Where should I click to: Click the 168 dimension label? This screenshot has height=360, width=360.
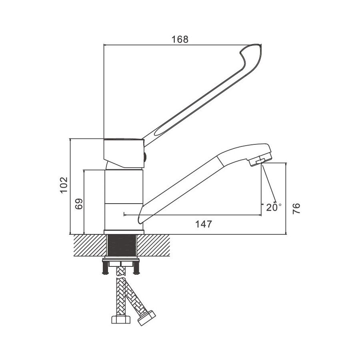180,40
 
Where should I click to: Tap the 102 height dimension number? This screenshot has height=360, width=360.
64,185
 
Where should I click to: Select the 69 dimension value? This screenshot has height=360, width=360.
79,204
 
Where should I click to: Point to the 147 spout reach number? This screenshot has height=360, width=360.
204,224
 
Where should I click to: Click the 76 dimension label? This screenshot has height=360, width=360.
296,208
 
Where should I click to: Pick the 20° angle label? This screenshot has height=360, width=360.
274,207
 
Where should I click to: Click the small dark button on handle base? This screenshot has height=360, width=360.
145,157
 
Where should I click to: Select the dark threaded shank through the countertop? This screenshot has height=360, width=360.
122,245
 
